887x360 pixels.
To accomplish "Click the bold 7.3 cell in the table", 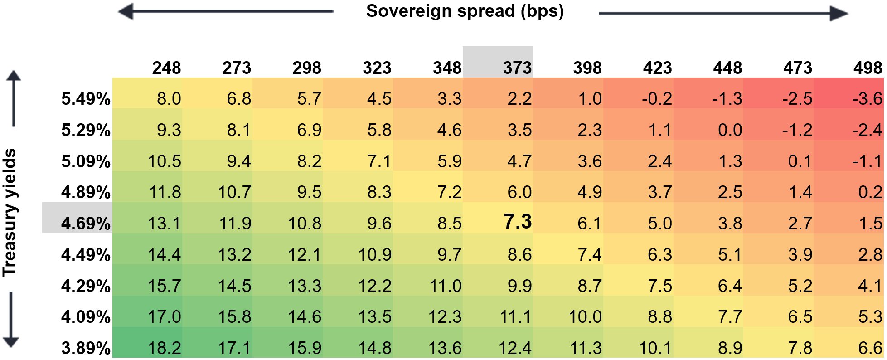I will click(517, 222).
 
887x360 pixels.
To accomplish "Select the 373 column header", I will click(517, 68).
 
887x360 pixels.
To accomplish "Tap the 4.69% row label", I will click(86, 224).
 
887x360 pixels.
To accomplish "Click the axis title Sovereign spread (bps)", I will click(465, 11).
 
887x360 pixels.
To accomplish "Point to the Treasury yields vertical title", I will click(10, 212).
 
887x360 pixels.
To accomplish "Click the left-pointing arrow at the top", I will click(225, 11).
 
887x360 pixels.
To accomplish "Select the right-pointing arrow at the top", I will click(723, 13).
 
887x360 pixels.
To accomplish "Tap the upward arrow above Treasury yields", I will click(14, 98).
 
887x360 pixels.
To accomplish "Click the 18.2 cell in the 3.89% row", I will click(164, 348).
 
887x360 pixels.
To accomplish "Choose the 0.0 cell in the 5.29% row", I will click(730, 130).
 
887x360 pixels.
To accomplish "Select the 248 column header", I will click(166, 68).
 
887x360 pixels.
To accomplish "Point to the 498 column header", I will click(868, 68).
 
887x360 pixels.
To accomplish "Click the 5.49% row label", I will click(86, 99).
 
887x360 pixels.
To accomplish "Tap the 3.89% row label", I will click(86, 348).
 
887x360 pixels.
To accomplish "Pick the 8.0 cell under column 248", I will click(169, 99).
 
